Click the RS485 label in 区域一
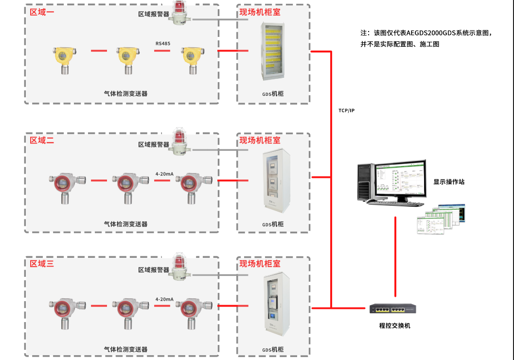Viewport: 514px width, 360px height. [x=163, y=44]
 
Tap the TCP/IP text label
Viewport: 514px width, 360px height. [x=347, y=110]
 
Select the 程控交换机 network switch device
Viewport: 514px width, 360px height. [x=392, y=308]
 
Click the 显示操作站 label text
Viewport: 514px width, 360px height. [x=449, y=181]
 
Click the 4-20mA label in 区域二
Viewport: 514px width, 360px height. [x=164, y=174]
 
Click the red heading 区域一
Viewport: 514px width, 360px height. [x=42, y=12]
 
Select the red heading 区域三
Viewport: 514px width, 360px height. [x=42, y=264]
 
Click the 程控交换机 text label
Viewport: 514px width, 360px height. [x=394, y=325]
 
